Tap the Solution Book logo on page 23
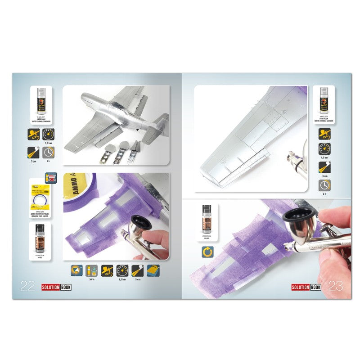coord(305,287)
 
